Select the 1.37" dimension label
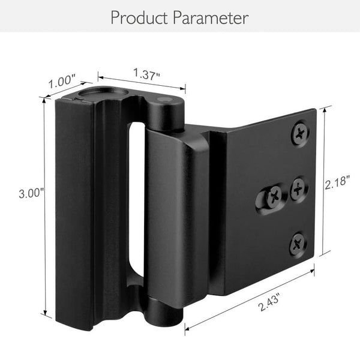[x=146, y=75]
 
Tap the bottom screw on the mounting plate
[x=298, y=243]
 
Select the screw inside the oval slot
[x=274, y=195]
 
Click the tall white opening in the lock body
[x=137, y=198]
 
